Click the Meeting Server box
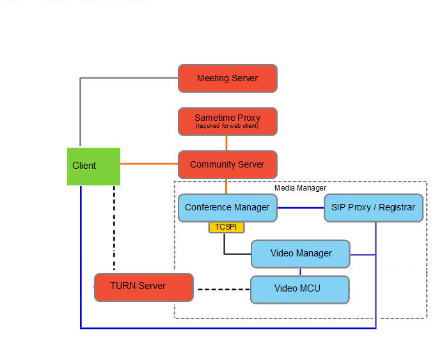point(227,78)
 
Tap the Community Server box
point(227,164)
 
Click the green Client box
point(93,166)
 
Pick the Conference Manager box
point(227,208)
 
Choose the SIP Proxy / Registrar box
point(373,208)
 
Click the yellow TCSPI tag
point(226,227)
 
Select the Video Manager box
point(301,254)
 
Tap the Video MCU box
point(299,289)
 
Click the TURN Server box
point(143,286)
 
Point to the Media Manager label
point(300,188)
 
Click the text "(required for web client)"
point(227,126)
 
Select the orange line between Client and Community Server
point(148,164)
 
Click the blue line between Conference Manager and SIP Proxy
point(301,208)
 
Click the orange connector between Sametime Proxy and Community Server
point(226,143)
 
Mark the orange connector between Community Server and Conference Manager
point(226,185)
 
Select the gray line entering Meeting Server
point(128,78)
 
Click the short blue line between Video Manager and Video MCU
point(300,272)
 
